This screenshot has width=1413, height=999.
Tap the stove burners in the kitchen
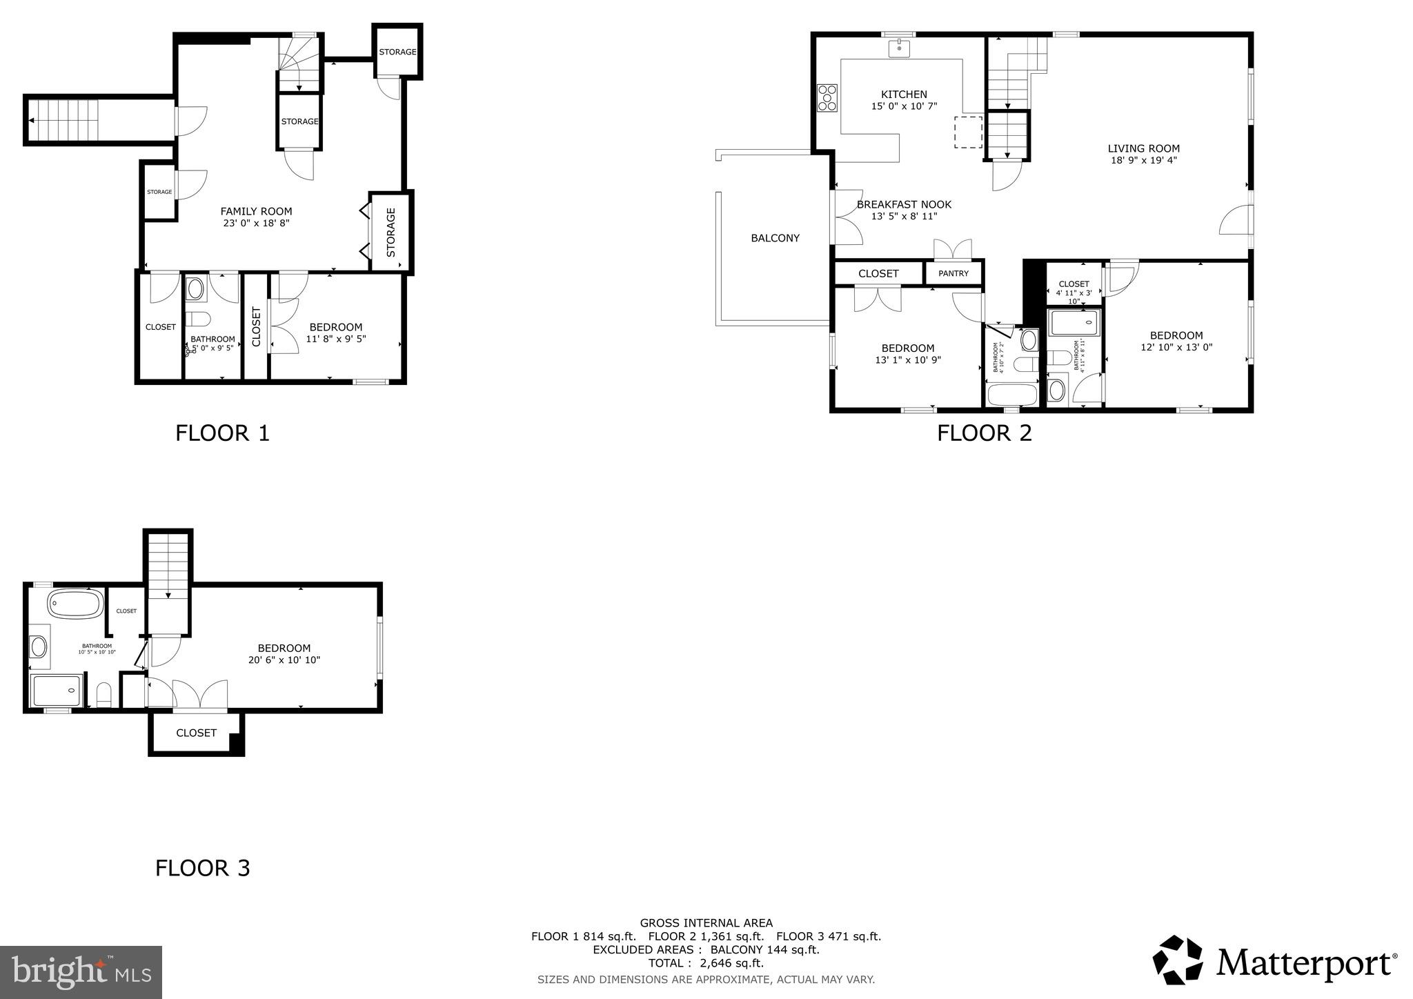(x=827, y=97)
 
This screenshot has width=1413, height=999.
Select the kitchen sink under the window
(x=899, y=48)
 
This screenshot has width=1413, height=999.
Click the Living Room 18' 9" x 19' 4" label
(x=1143, y=154)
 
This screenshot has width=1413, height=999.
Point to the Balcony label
(x=775, y=238)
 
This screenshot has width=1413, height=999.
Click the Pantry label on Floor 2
(x=953, y=273)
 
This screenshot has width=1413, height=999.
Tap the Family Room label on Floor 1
(x=256, y=217)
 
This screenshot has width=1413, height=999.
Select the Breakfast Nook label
(x=904, y=210)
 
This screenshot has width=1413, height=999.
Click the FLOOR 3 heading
(x=202, y=868)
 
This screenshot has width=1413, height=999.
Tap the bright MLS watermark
(x=81, y=972)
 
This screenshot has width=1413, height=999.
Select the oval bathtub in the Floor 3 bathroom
(x=75, y=604)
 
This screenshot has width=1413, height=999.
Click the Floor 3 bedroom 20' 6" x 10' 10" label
(x=284, y=653)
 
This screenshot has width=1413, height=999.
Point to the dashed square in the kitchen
(x=968, y=132)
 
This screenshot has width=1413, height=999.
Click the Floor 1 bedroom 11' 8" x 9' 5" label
(x=336, y=333)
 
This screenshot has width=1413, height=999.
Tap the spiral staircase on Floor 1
(x=299, y=63)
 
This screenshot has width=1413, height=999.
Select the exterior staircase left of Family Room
(x=66, y=121)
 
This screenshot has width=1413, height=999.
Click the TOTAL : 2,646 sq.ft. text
(x=705, y=963)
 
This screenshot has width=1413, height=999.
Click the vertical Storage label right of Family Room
(x=391, y=232)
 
